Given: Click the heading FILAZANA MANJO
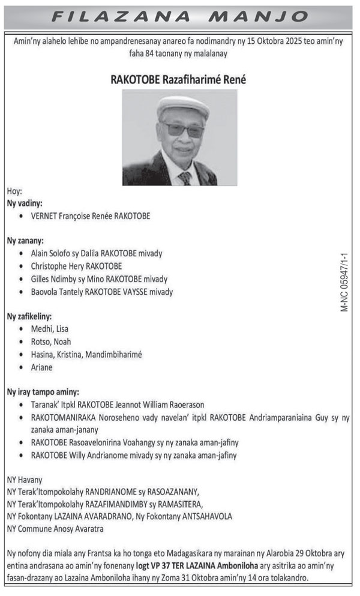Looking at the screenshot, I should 180,16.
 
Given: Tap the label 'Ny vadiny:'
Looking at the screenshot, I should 25,203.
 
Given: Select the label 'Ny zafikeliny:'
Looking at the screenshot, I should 29,316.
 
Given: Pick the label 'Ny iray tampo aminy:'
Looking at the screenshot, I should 43,391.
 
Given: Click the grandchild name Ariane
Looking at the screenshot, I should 42,367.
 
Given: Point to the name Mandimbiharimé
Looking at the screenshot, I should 113,354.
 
